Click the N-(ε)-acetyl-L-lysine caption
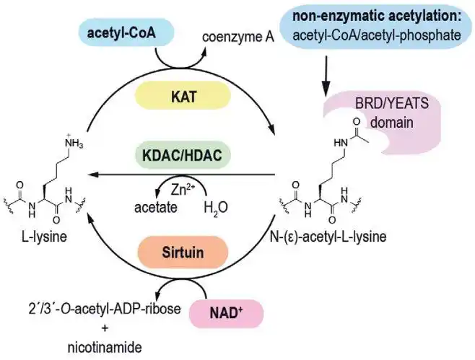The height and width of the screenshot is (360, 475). coord(331,238)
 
